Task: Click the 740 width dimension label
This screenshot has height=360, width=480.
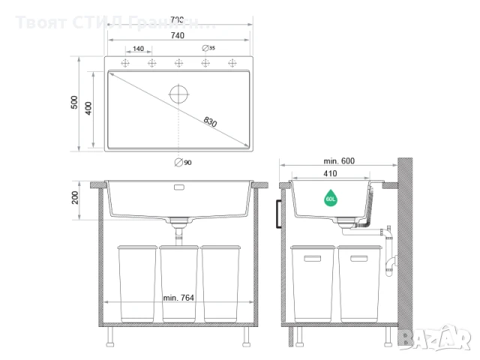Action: (177, 36)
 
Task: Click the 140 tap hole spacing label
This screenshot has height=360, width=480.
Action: (138, 49)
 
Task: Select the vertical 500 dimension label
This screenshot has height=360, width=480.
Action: (74, 103)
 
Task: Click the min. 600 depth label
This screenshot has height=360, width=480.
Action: (339, 161)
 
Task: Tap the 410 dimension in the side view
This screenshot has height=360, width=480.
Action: (331, 173)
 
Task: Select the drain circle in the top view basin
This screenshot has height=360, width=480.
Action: (180, 94)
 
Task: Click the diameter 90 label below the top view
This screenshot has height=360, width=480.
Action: (182, 162)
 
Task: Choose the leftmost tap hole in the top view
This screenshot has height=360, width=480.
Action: (124, 63)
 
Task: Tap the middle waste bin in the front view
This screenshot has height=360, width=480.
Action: (178, 281)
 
